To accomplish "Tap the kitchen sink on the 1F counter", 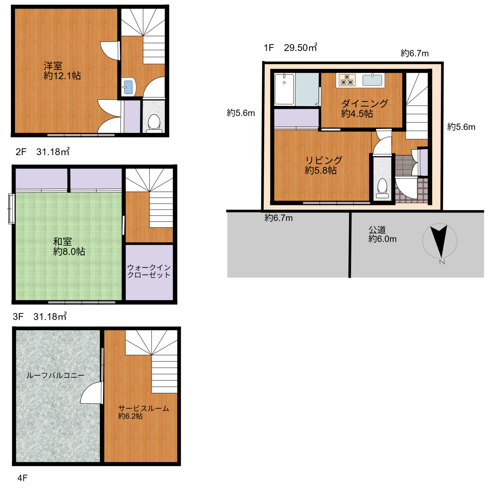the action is tap(372, 80).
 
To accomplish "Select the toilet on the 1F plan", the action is tap(382, 188).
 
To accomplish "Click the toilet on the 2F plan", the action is tap(154, 124).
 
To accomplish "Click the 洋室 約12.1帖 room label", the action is tap(62, 71).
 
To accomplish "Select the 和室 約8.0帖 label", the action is tap(69, 246).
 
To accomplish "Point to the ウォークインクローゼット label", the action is tap(149, 271).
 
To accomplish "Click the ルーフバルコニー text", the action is tap(56, 375).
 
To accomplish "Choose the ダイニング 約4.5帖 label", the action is tap(364, 108).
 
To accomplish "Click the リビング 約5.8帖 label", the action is tap(323, 165).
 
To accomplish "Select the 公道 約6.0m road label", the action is tap(382, 234).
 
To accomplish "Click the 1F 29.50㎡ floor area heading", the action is tap(290, 47).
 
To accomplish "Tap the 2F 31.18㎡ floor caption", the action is tap(43, 152).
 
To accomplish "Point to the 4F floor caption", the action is tap(22, 478).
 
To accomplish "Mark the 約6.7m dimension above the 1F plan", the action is tap(415, 53).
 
